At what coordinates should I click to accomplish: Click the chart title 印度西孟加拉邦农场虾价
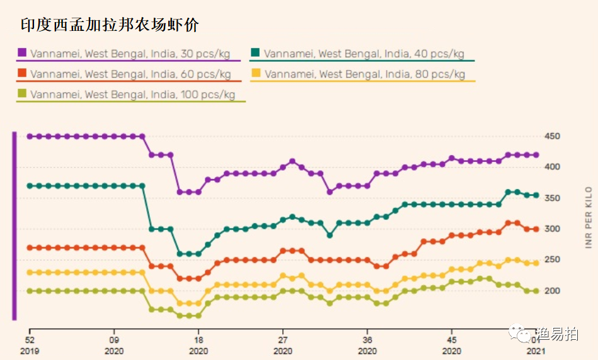coord(110,25)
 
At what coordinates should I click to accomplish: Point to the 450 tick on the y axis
coord(553,136)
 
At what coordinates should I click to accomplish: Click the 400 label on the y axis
coord(553,167)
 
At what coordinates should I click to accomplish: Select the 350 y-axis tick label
coord(553,198)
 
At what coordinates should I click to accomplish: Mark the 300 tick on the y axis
coord(553,229)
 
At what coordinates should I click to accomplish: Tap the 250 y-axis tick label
coord(553,260)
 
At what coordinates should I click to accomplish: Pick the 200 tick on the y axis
coord(553,291)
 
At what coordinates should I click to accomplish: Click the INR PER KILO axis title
coord(589,218)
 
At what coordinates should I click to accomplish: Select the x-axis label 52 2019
coord(30,344)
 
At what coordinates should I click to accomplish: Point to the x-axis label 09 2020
coord(114,344)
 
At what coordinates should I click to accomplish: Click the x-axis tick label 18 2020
coord(198,344)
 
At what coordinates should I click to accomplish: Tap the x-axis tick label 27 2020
coord(284,344)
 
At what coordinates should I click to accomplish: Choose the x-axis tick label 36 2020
coord(368,344)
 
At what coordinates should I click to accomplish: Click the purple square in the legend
coord(22,54)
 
